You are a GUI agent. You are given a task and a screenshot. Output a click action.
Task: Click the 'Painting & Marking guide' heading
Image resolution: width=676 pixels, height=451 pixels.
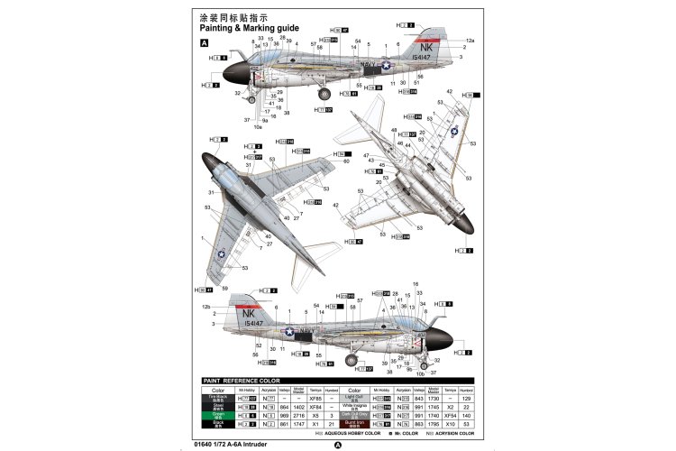coord(254,28)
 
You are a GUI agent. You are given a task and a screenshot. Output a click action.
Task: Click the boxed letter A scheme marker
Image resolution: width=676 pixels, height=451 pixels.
coord(205,42)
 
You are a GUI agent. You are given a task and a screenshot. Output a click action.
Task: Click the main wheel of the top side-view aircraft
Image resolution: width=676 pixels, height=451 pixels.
coord(325,90)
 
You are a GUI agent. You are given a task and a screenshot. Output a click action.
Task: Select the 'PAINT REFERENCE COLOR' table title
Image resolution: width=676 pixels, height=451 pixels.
coord(242,381)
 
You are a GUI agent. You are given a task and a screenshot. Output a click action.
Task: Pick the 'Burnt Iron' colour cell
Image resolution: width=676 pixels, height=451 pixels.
coord(352,422)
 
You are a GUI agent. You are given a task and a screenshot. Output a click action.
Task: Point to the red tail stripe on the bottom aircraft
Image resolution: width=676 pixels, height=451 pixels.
coord(245,303)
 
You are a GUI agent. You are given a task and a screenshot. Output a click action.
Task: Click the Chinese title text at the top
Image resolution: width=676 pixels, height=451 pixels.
coord(234,16)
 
